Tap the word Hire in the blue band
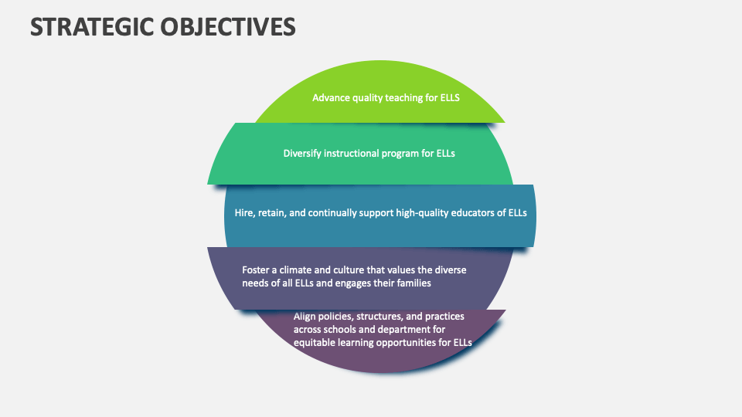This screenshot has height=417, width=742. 244,212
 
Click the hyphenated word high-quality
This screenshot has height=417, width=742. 424,212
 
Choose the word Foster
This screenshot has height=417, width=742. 257,270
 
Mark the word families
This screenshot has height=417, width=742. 410,283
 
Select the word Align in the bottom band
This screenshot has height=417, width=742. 306,316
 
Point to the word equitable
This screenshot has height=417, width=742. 317,342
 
